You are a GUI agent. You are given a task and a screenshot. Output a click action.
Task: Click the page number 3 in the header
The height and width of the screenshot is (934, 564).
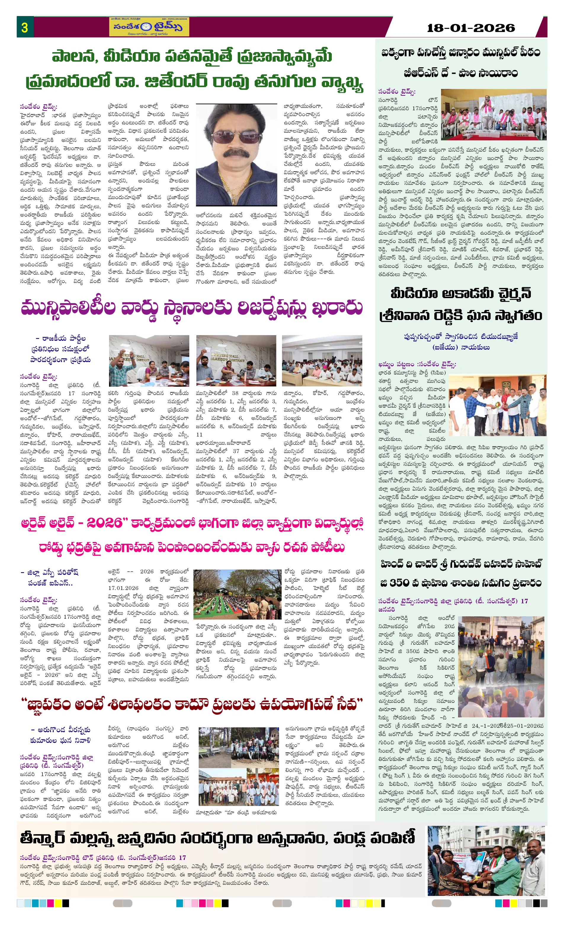tap(25, 27)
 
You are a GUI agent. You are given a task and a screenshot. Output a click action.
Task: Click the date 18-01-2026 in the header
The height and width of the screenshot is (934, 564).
tap(470, 28)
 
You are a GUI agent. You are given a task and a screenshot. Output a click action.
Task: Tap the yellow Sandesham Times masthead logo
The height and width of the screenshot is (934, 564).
tap(149, 27)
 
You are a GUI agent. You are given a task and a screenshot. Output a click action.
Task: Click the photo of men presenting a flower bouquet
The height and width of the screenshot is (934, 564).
tap(497, 404)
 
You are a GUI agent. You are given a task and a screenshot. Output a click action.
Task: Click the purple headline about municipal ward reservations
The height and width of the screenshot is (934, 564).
tap(191, 308)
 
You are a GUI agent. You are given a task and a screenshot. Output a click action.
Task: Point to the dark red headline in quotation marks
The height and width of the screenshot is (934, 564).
tap(191, 704)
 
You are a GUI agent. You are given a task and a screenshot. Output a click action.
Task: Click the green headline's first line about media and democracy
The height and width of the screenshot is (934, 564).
tap(191, 57)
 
